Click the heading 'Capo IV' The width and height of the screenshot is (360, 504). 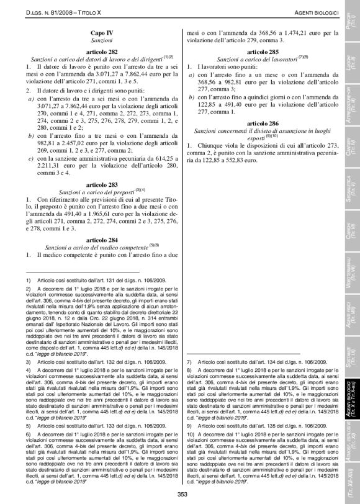103,32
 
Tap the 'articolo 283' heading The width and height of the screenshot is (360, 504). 102,184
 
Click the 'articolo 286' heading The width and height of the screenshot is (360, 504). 263,124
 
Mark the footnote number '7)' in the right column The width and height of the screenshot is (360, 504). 189,361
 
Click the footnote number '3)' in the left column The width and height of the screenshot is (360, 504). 29,361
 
